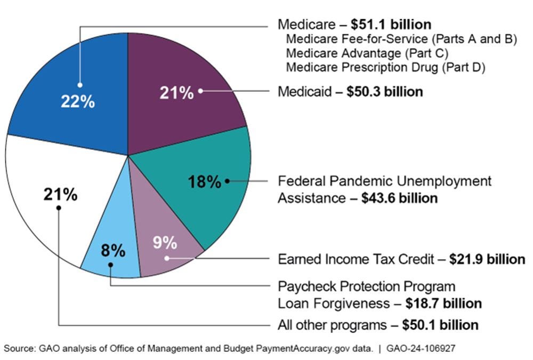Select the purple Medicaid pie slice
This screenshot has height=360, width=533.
[x=181, y=64]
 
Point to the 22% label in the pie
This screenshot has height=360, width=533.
[x=78, y=101]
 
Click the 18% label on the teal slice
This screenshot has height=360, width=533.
[x=204, y=182]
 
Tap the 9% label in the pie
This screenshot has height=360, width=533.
[x=165, y=243]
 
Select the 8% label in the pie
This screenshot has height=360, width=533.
[x=113, y=250]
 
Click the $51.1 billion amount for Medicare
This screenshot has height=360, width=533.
[x=391, y=25]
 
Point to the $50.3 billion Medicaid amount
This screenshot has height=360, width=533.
[x=384, y=92]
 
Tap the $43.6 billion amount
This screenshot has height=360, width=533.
[x=399, y=198]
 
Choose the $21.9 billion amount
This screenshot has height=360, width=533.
[x=487, y=260]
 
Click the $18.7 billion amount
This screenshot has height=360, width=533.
[x=443, y=303]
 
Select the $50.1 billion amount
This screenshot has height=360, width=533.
[x=440, y=325]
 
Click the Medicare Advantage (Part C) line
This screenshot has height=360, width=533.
[x=367, y=53]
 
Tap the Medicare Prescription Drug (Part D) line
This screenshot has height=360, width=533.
[x=385, y=68]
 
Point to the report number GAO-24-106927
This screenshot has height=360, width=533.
[x=421, y=348]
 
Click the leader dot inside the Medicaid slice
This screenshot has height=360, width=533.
[x=201, y=91]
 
